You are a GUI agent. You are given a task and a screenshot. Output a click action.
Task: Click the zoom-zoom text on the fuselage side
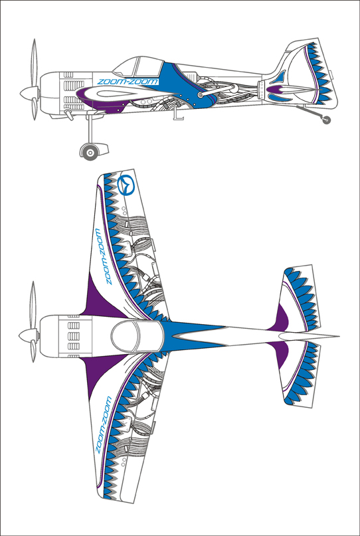coord(128,81)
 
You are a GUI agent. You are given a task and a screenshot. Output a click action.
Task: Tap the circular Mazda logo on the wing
coord(126,185)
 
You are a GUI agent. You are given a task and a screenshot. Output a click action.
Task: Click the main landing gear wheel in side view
coord(90,152)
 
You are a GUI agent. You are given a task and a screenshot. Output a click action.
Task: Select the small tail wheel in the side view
coord(327,120)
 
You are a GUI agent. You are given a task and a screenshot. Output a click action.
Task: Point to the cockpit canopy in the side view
coord(138,67)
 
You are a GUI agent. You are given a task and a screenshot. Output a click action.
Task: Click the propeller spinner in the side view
coord(30,93)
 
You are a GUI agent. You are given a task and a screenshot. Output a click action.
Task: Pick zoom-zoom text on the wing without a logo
coord(103,425)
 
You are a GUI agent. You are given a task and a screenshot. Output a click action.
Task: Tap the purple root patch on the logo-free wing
coord(102,376)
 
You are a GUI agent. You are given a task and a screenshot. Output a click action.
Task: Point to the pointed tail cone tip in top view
coord(339,336)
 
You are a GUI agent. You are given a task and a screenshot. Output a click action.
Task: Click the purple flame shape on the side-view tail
coord(278,90)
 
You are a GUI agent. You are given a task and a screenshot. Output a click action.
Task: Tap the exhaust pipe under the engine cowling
coord(68,115)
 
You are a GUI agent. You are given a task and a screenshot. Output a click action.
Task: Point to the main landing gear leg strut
coord(90,130)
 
